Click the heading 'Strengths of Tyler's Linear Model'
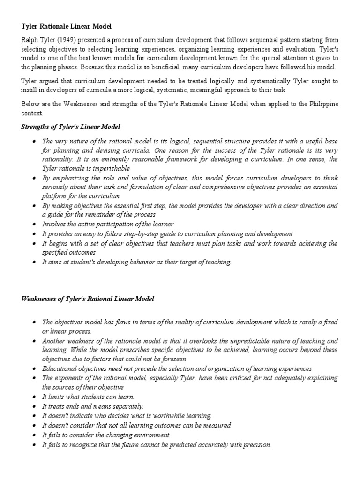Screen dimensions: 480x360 click(x=71, y=127)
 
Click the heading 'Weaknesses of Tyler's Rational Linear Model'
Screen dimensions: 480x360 click(x=88, y=299)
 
